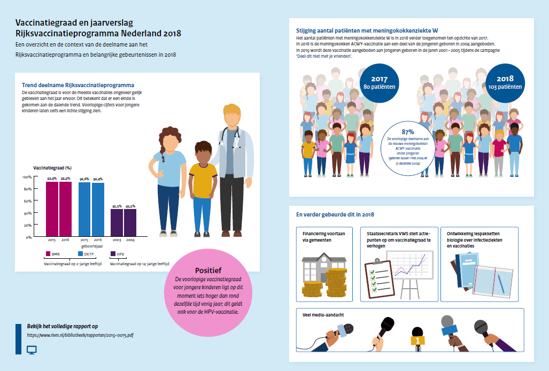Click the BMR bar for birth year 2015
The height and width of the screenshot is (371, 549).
[x=52, y=209]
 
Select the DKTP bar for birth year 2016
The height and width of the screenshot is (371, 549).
[x=98, y=210]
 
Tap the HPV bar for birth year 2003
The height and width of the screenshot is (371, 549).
[x=117, y=222]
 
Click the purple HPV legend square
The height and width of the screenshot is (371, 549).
[x=113, y=254]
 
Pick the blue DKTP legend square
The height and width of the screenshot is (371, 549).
[x=80, y=254]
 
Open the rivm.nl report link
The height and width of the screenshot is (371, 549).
[x=80, y=336]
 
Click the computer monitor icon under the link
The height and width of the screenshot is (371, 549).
[x=32, y=350]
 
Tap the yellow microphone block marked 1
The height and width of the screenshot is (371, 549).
[x=417, y=341]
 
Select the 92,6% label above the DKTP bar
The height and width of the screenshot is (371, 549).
[x=84, y=179]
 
